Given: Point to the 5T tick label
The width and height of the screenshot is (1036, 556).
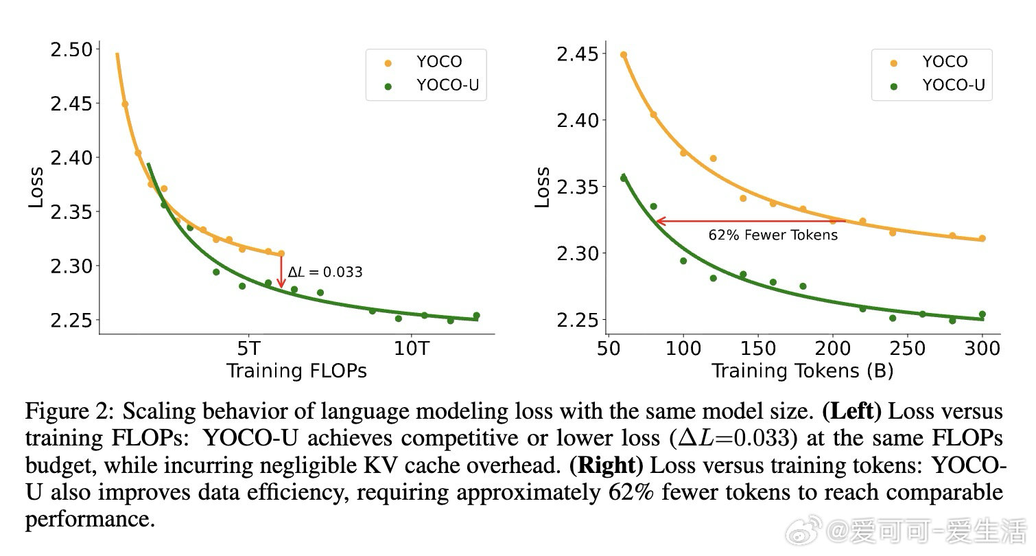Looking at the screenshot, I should (x=248, y=347).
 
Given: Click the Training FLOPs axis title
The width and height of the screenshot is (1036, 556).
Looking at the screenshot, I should (x=296, y=371).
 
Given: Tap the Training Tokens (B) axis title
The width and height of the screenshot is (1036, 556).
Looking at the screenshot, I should (x=802, y=371).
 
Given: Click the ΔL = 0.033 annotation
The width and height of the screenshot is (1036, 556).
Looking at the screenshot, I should (x=325, y=273).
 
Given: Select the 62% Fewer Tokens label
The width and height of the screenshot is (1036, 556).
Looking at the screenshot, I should (x=773, y=235).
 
